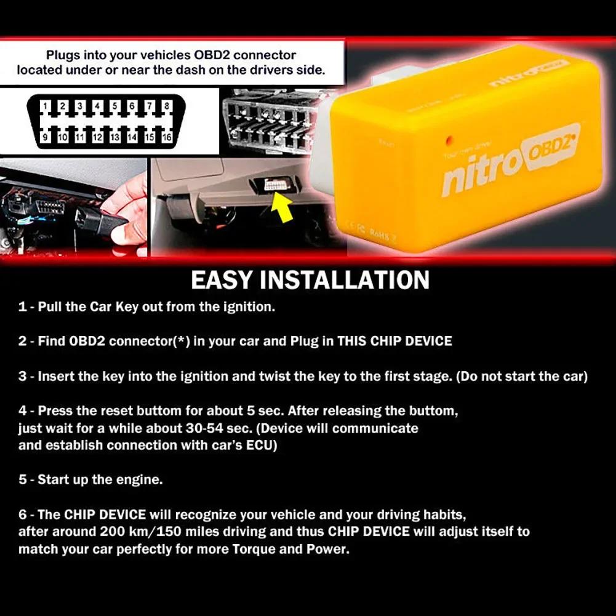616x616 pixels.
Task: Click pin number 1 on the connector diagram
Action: pyautogui.click(x=46, y=106)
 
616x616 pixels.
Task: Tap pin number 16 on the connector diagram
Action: pyautogui.click(x=166, y=137)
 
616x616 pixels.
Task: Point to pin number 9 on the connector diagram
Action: pyautogui.click(x=46, y=137)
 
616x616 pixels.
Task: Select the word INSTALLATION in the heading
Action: pyautogui.click(x=345, y=280)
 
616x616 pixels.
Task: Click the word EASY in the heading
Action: pyautogui.click(x=222, y=280)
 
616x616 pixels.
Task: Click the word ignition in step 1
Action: pyautogui.click(x=250, y=306)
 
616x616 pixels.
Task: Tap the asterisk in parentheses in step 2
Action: pyautogui.click(x=181, y=341)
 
